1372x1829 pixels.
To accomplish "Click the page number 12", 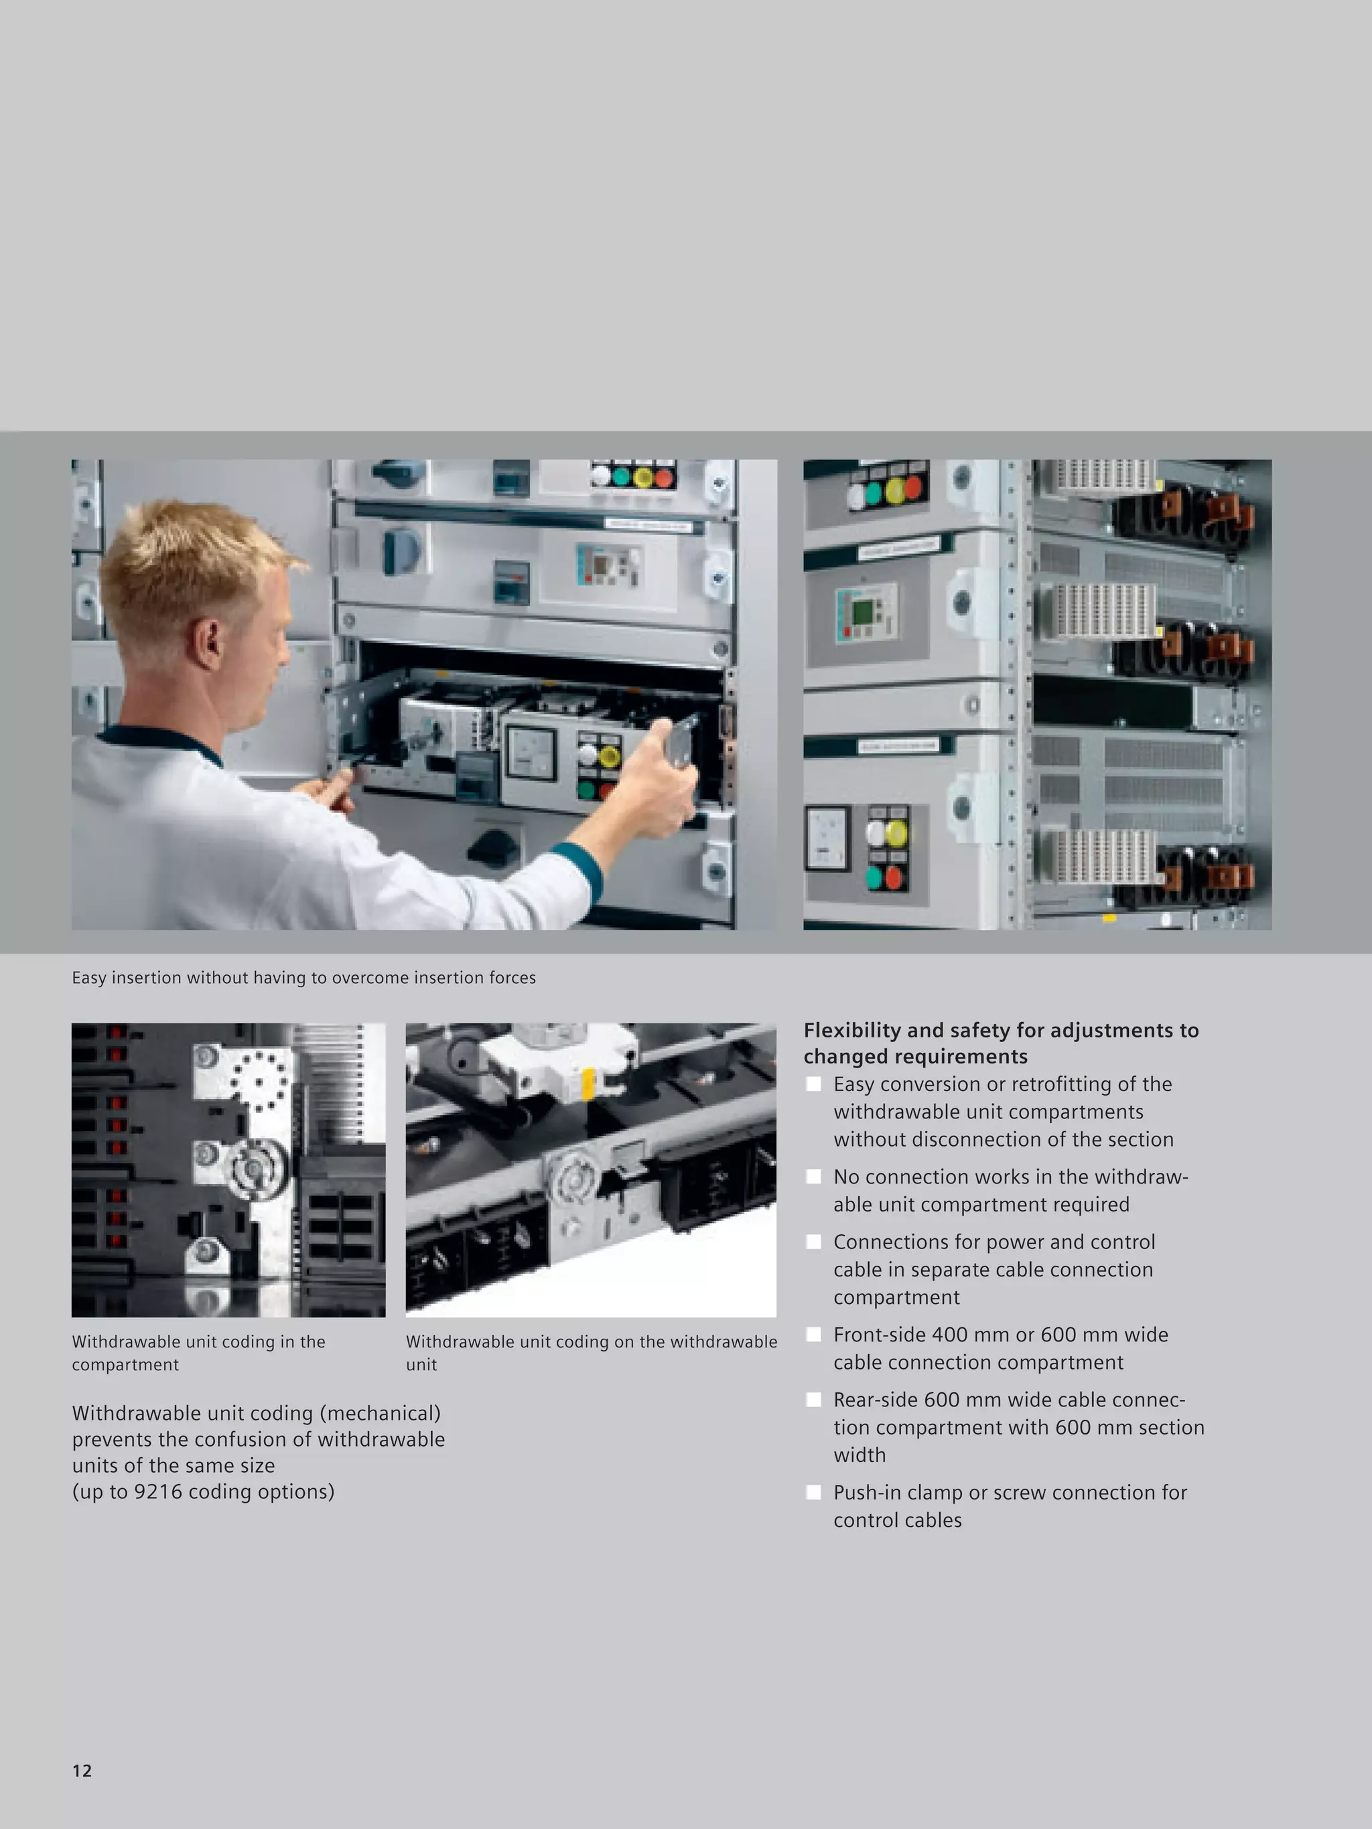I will [82, 1770].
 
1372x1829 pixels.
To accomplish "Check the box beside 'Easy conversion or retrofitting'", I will [814, 1084].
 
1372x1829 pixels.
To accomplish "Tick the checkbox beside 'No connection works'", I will [814, 1177].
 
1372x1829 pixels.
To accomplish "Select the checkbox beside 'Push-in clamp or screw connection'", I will [814, 1493].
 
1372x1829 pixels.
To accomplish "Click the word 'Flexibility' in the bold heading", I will [852, 1030].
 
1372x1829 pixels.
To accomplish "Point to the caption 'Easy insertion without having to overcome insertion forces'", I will [303, 977].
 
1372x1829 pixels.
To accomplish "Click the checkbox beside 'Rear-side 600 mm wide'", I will [814, 1400].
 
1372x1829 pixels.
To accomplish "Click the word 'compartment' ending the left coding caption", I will [125, 1364].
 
